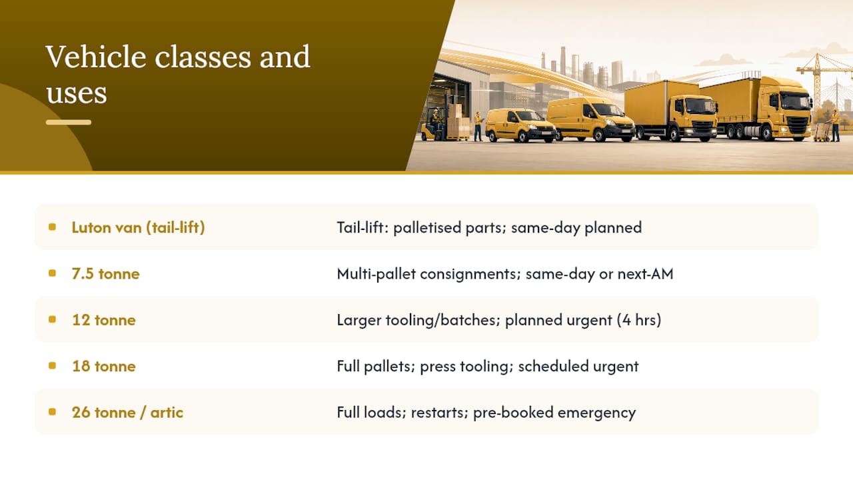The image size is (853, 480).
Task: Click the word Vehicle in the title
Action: (95, 57)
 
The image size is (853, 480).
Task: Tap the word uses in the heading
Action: (77, 93)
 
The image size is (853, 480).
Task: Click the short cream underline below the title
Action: (69, 122)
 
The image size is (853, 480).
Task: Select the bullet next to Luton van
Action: (53, 227)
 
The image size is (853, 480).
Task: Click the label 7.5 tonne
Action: (105, 274)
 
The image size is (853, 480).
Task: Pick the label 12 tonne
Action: (103, 320)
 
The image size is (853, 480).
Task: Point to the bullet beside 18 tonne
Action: (53, 366)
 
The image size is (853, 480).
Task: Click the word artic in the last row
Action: (167, 413)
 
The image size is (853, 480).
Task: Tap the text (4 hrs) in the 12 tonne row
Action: (639, 320)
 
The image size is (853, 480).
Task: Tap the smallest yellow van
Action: (520, 126)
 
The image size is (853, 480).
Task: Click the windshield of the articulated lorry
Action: (795, 101)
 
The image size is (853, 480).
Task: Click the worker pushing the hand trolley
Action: (835, 125)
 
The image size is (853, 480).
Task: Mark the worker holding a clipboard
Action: (478, 126)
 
